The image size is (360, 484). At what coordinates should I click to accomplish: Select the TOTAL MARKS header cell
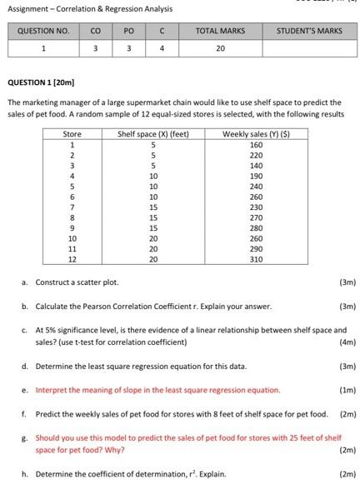click(220, 31)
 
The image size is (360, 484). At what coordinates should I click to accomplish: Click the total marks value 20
click(220, 47)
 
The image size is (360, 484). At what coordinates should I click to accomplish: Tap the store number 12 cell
click(72, 259)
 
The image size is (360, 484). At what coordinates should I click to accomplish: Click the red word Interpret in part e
click(51, 390)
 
